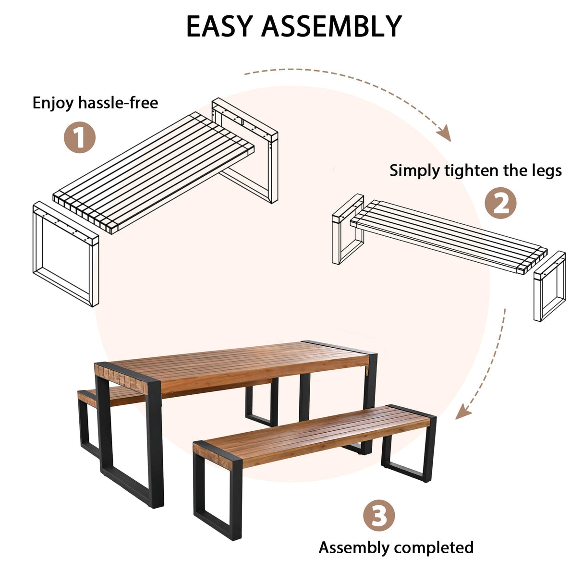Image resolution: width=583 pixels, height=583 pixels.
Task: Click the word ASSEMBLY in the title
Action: pyautogui.click(x=331, y=26)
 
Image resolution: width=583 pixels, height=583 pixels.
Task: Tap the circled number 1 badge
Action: pyautogui.click(x=80, y=137)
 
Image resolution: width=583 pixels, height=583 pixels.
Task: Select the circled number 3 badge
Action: pyautogui.click(x=379, y=516)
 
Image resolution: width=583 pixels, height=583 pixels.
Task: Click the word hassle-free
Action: pyautogui.click(x=118, y=103)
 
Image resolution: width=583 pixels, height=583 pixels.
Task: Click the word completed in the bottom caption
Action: pyautogui.click(x=434, y=547)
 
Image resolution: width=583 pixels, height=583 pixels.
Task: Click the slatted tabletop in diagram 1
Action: pyautogui.click(x=154, y=173)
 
